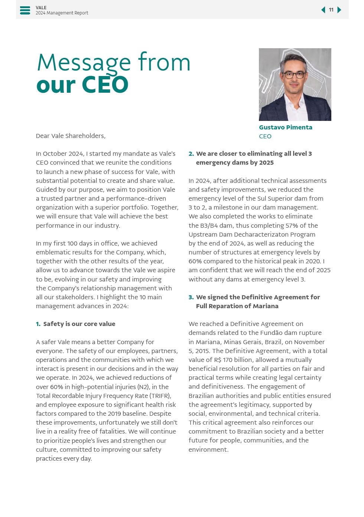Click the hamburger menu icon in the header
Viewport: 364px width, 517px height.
coord(25,10)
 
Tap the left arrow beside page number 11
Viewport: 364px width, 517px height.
coord(323,10)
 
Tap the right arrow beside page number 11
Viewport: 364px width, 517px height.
coord(339,10)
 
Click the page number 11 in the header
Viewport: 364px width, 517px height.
coord(331,10)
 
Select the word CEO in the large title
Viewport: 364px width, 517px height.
coord(105,85)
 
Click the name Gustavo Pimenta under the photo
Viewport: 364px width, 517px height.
coord(285,127)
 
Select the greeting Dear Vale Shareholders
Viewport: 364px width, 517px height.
coord(71,136)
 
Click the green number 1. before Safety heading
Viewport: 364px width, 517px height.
coord(38,324)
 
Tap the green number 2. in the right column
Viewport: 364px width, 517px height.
coord(191,154)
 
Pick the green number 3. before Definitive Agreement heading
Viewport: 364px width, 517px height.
coord(191,297)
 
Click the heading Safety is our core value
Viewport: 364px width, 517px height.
coord(79,324)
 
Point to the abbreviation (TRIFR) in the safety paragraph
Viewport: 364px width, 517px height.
coord(160,396)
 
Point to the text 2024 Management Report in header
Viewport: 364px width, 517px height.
coord(62,13)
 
